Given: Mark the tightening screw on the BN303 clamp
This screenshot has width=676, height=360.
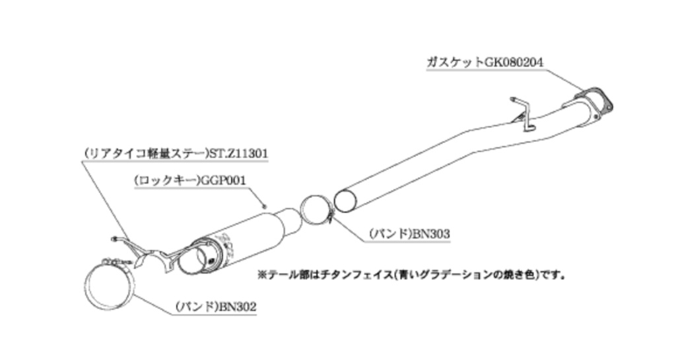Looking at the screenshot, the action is [328, 215].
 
